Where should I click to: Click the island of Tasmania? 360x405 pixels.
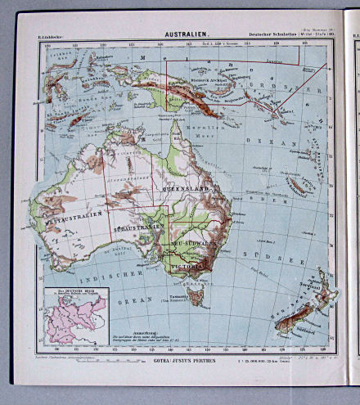click(195, 291)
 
